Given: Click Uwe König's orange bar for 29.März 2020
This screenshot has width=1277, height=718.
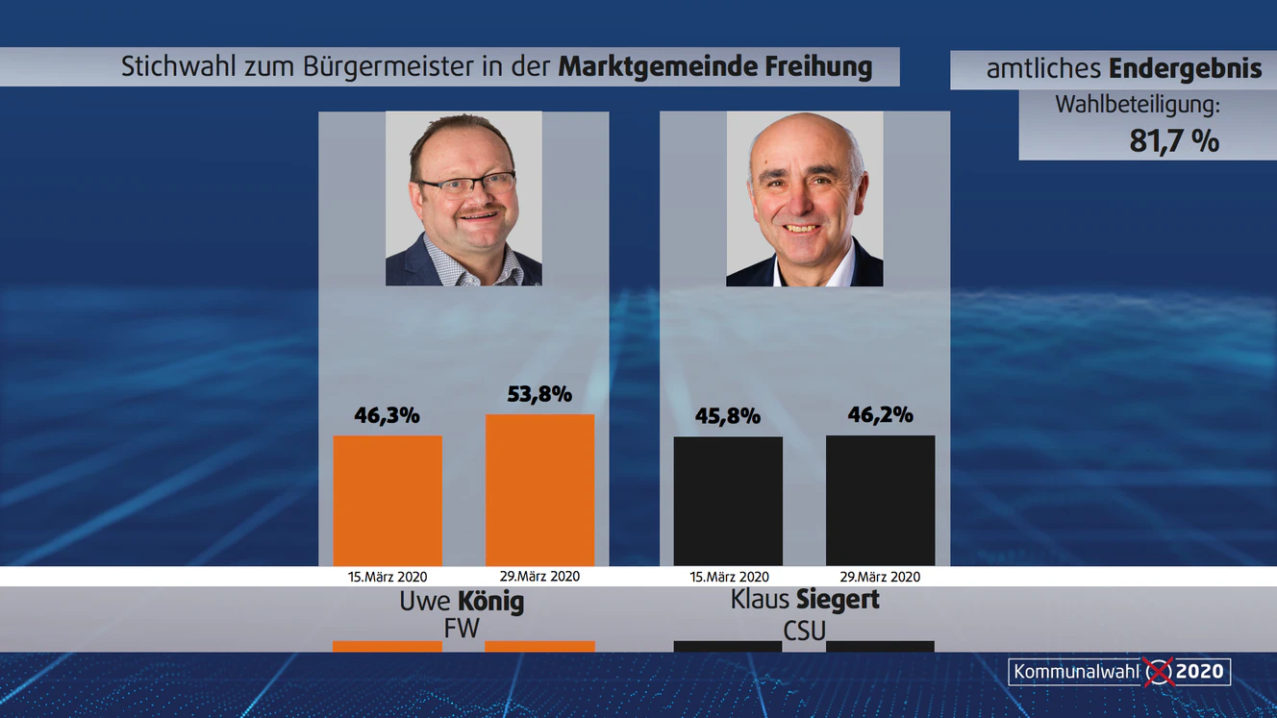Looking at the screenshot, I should [539, 490].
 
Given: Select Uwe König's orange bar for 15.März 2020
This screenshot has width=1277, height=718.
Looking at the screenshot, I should [388, 501].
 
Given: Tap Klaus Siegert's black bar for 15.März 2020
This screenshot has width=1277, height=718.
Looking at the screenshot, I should [728, 501].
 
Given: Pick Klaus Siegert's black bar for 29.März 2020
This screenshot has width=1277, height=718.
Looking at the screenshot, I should [880, 501].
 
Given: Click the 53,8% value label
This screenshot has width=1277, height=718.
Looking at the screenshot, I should [539, 394].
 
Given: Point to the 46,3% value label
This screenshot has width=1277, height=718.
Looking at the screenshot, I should [388, 416].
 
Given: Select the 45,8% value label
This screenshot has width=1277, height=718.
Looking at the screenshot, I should [728, 416].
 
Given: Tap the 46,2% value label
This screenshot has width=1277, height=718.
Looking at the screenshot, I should [880, 415].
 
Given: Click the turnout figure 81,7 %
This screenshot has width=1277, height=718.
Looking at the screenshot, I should [1174, 141].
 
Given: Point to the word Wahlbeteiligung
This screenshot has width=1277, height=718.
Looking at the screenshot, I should [1137, 105].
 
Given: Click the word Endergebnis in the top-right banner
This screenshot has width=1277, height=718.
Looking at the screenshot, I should [1185, 69].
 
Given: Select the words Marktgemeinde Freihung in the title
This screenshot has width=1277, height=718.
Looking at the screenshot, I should [714, 67].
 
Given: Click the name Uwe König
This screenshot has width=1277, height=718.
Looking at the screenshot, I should [462, 603].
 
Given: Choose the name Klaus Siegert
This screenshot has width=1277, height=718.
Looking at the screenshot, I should [805, 600].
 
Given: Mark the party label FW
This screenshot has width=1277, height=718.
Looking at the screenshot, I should [462, 628].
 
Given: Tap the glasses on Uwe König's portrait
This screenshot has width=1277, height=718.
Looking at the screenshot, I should [466, 184].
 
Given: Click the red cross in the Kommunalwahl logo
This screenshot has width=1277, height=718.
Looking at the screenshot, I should [1159, 671].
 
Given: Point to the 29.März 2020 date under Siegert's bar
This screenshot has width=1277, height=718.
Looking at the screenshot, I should [880, 578].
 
